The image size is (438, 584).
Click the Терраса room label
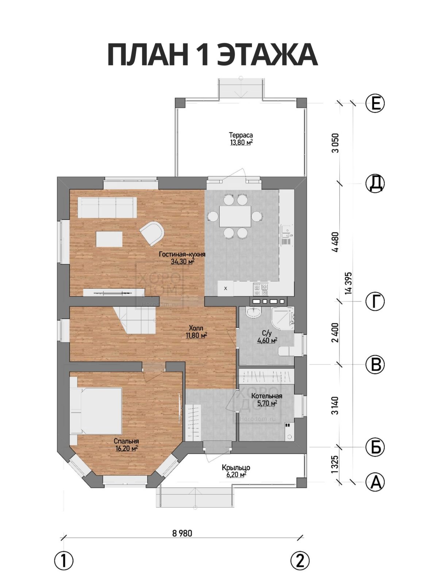pos(241,135)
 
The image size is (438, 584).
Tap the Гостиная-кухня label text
pos(182,254)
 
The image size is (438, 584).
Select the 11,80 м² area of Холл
pos(196,335)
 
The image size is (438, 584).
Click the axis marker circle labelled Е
pos(375,103)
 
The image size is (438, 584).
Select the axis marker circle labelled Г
pos(375,301)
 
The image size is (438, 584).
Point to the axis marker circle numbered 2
pos(300,552)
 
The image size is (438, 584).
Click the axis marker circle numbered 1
pos(64,552)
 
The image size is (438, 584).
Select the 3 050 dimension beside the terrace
pos(336,143)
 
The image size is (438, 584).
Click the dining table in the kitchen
pos(235,216)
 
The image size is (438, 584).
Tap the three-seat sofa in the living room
pos(107,208)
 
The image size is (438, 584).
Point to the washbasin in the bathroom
pos(254,312)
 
